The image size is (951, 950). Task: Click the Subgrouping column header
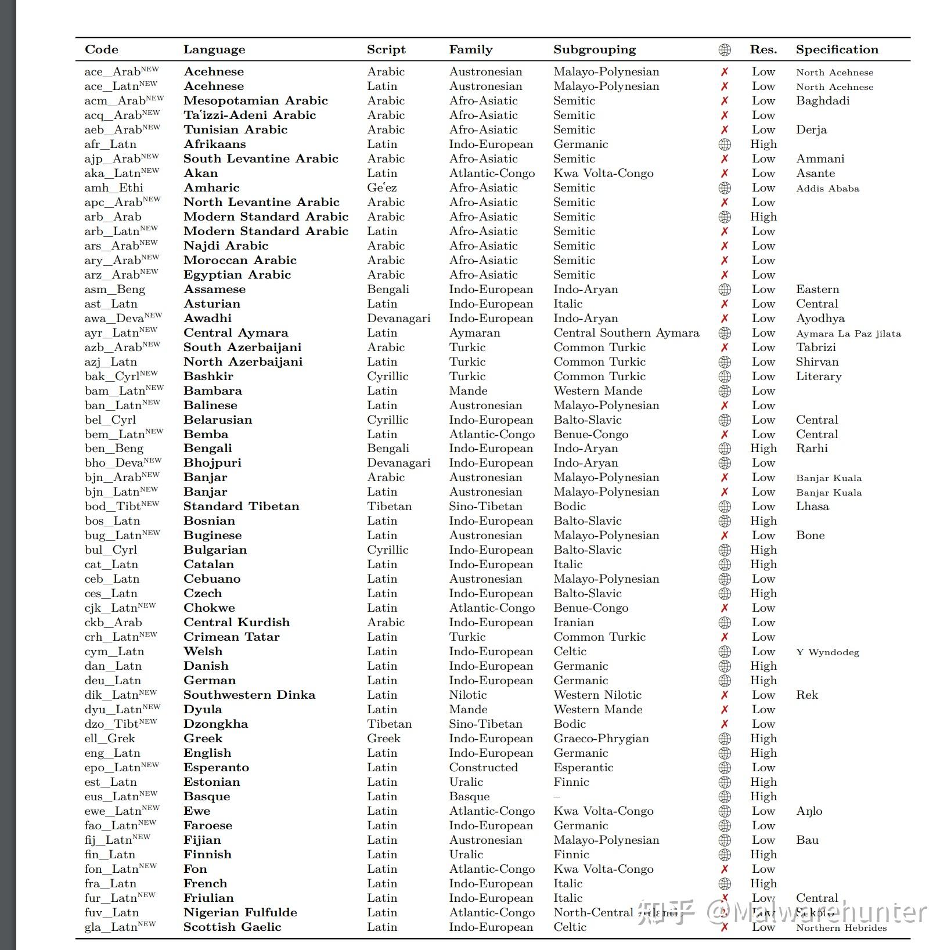click(x=595, y=50)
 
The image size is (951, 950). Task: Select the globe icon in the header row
click(x=725, y=50)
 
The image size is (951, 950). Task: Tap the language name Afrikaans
click(x=214, y=145)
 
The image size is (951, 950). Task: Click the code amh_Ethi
click(x=114, y=188)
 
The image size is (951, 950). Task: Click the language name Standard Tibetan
click(x=241, y=507)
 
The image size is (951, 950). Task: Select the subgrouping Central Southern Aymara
click(x=626, y=333)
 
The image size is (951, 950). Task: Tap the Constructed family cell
click(x=483, y=768)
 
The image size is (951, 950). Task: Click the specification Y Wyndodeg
click(x=827, y=652)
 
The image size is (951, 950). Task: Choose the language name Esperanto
click(x=216, y=768)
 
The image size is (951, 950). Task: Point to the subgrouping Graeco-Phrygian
click(x=601, y=739)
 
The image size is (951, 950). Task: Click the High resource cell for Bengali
click(x=763, y=449)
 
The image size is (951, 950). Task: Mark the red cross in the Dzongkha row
click(x=725, y=724)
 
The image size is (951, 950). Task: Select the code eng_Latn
click(x=113, y=753)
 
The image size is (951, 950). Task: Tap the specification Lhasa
click(x=812, y=507)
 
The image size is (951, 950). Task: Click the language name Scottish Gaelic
click(x=232, y=927)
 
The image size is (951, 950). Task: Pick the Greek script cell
click(x=383, y=739)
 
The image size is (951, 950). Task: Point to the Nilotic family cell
click(x=467, y=695)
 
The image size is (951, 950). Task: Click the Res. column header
click(x=763, y=50)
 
